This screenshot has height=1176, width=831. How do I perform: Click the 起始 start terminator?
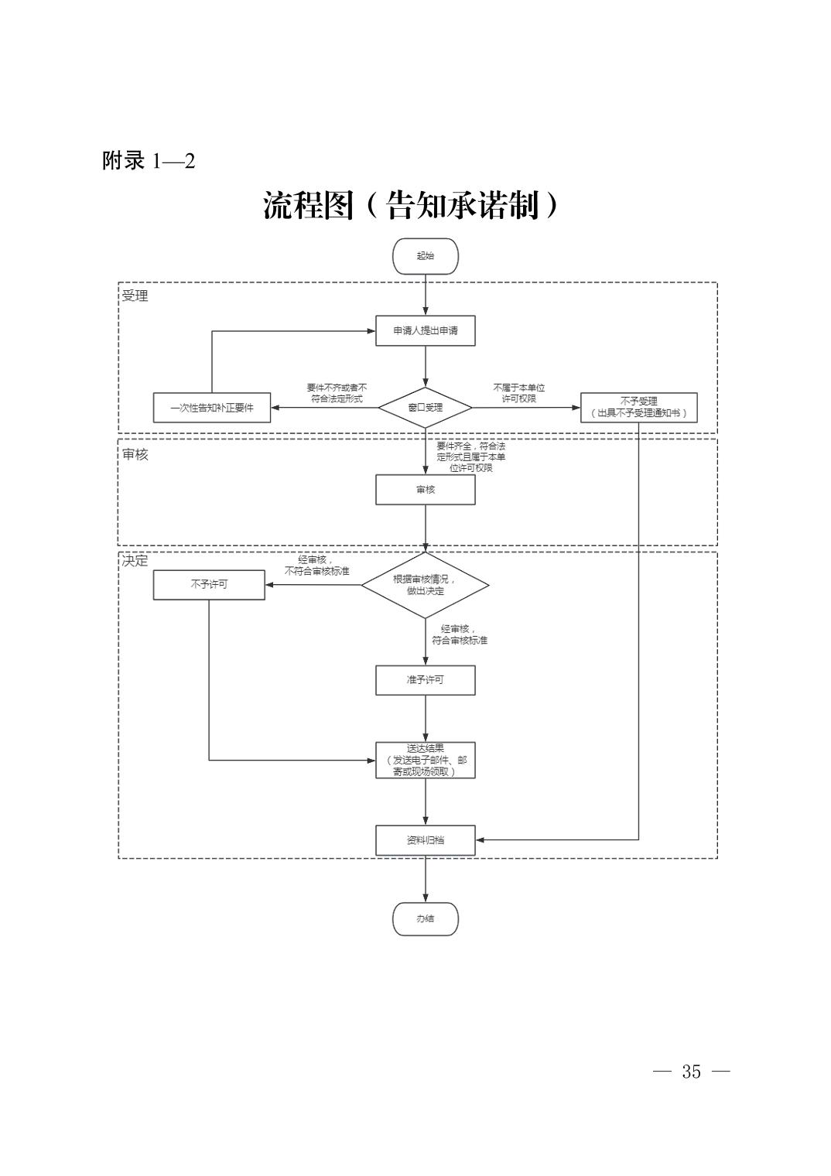426,256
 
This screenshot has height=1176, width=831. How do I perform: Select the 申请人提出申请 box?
426,330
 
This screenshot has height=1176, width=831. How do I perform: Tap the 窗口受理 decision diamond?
426,407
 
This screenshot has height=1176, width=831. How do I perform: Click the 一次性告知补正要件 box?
212,408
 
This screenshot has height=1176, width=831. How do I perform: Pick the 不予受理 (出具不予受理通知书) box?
638,408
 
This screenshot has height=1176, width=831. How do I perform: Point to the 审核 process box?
426,490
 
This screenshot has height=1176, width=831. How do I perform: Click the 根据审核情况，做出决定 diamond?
426,585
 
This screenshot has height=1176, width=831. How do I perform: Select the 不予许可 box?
209,584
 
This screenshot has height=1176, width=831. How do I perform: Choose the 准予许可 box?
426,680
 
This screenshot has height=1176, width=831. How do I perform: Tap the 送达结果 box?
426,760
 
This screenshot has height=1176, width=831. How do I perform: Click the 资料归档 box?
426,840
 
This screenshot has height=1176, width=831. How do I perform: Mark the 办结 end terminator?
426,919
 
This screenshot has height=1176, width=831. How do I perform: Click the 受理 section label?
135,296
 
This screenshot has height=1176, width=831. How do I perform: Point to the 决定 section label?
135,561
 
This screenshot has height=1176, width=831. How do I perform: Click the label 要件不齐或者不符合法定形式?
337,393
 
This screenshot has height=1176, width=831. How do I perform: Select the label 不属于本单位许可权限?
519,393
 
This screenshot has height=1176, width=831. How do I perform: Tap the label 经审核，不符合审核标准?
316,566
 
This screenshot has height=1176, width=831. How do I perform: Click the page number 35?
691,1072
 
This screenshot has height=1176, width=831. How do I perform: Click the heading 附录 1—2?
149,161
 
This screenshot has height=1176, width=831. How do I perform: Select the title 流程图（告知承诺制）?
411,206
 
